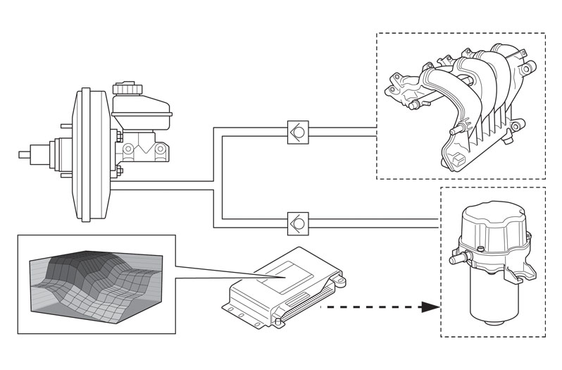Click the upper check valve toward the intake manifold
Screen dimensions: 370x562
297,132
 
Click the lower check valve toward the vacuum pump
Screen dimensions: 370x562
297,223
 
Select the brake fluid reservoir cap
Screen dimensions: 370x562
128,88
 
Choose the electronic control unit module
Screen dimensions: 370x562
282,285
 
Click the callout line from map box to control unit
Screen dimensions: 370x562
211,271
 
